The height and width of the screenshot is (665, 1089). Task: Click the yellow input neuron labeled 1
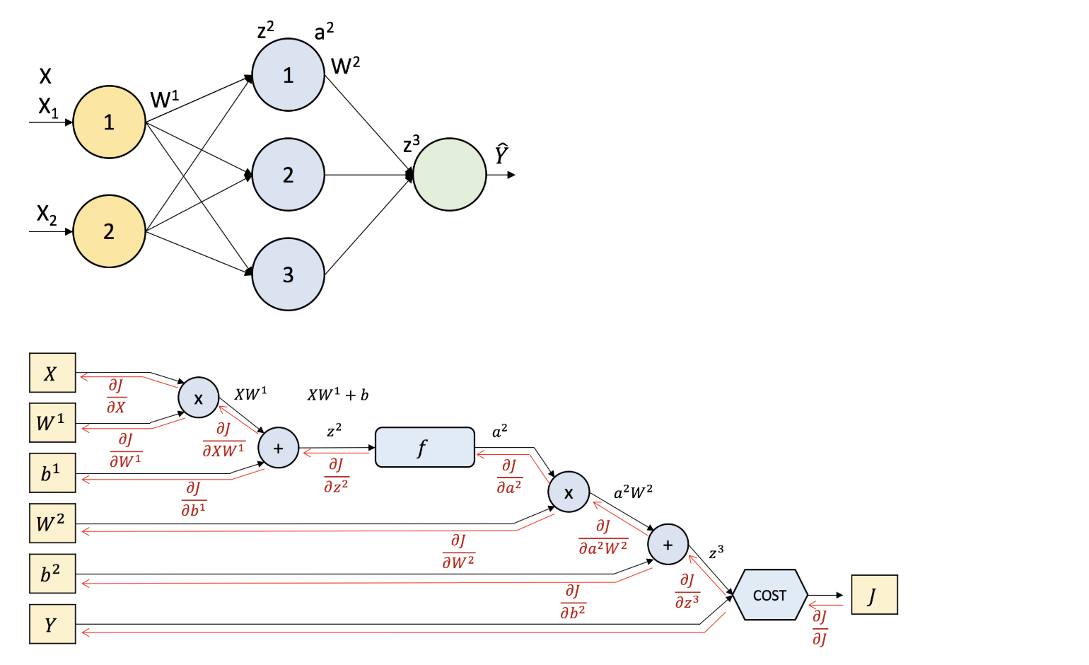(109, 122)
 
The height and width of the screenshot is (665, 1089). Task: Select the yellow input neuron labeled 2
(109, 231)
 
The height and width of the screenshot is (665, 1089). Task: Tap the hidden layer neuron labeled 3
(288, 274)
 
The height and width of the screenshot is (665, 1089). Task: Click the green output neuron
(449, 174)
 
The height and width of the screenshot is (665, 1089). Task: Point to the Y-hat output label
(501, 154)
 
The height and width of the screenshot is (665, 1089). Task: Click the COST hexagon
(769, 595)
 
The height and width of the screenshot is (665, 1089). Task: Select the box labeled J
(874, 595)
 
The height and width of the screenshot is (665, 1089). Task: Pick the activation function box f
(424, 447)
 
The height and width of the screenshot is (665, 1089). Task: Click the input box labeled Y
(52, 624)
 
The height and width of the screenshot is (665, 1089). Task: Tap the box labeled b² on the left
(52, 573)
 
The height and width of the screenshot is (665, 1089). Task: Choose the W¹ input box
(52, 422)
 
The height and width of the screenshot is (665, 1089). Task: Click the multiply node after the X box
(198, 398)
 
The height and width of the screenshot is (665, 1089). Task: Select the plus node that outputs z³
(668, 544)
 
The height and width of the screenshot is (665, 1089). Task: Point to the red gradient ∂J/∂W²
(458, 552)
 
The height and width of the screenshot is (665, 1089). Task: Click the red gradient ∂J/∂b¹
(193, 499)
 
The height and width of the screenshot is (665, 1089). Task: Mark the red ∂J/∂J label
(819, 628)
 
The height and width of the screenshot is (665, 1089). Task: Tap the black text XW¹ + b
(338, 395)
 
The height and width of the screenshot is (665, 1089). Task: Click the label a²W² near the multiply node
(633, 492)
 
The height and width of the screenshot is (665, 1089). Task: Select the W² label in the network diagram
(345, 66)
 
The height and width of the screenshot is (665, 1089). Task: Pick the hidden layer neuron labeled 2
(288, 174)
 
